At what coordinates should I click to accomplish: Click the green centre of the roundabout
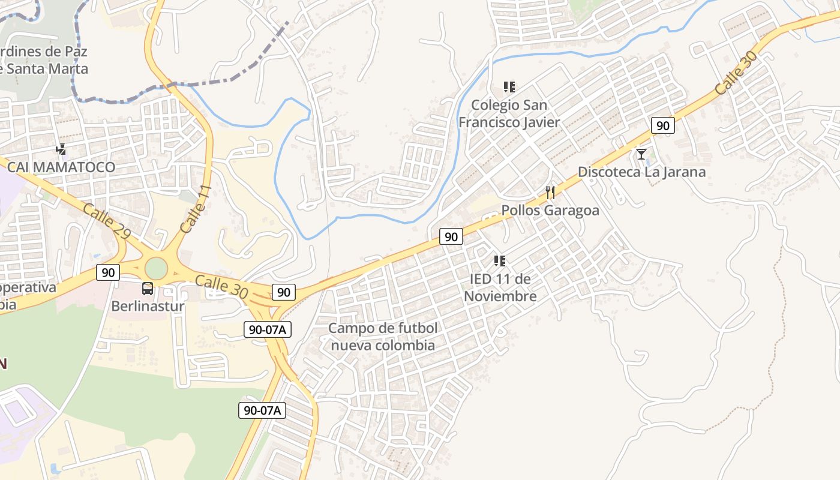[x=155, y=268]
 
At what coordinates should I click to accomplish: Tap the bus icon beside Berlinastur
[x=148, y=289]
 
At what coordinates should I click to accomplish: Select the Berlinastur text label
[x=148, y=306]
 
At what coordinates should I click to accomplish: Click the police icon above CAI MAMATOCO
[x=61, y=149]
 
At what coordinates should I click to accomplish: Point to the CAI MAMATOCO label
[x=61, y=167]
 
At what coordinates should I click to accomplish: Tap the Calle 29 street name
[x=107, y=222]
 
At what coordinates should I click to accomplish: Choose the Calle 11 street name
[x=196, y=209]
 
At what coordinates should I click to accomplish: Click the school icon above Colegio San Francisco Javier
[x=509, y=87]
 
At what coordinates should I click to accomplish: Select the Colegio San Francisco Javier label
[x=509, y=113]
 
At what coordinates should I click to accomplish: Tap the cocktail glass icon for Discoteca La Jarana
[x=641, y=154]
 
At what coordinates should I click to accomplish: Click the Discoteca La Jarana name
[x=641, y=172]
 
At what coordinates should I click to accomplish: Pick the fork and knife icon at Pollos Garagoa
[x=550, y=193]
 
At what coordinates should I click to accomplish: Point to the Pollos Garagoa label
[x=550, y=211]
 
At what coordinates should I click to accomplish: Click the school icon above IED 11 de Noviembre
[x=500, y=261]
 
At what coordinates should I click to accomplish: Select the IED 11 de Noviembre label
[x=500, y=287]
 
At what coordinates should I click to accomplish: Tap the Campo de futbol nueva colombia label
[x=383, y=337]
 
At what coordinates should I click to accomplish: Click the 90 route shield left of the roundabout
[x=108, y=272]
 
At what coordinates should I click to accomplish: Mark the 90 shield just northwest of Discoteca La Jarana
[x=662, y=125]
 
